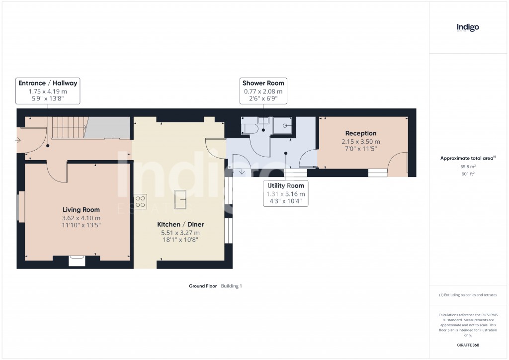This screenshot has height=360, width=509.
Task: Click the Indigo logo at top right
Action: click(468, 27)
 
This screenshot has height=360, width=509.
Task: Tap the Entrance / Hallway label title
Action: click(48, 83)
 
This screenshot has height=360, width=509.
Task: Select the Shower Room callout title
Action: click(263, 83)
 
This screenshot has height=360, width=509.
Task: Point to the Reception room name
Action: click(361, 133)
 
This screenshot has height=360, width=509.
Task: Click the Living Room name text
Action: click(81, 210)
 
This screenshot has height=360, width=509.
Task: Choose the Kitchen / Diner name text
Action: click(180, 225)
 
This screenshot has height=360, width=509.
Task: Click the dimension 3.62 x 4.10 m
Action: click(81, 218)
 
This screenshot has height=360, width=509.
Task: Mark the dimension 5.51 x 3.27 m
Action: click(180, 233)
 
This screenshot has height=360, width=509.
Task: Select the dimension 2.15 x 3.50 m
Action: click(361, 141)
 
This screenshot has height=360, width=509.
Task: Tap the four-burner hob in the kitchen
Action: click(140, 200)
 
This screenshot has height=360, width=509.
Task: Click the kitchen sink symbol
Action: click(179, 200)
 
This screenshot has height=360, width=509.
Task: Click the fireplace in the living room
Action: click(77, 259)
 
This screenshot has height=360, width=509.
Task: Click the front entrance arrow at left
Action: click(18, 141)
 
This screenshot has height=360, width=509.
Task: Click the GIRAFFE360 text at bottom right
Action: click(467, 345)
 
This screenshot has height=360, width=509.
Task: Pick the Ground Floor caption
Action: click(203, 286)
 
